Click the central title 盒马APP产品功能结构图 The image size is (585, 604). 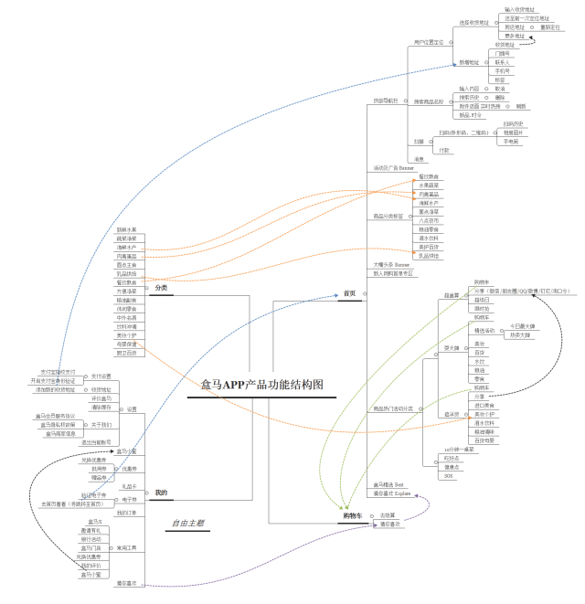click(262, 385)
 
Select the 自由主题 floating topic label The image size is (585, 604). click(186, 524)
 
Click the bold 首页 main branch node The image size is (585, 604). click(348, 293)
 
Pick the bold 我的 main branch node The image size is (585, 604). click(161, 493)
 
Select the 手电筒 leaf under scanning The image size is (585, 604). click(508, 142)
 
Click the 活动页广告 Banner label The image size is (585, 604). click(393, 168)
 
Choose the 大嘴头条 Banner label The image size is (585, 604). click(392, 264)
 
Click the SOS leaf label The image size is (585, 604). click(448, 476)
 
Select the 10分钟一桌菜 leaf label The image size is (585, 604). click(458, 450)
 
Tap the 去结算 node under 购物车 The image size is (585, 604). click(388, 515)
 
